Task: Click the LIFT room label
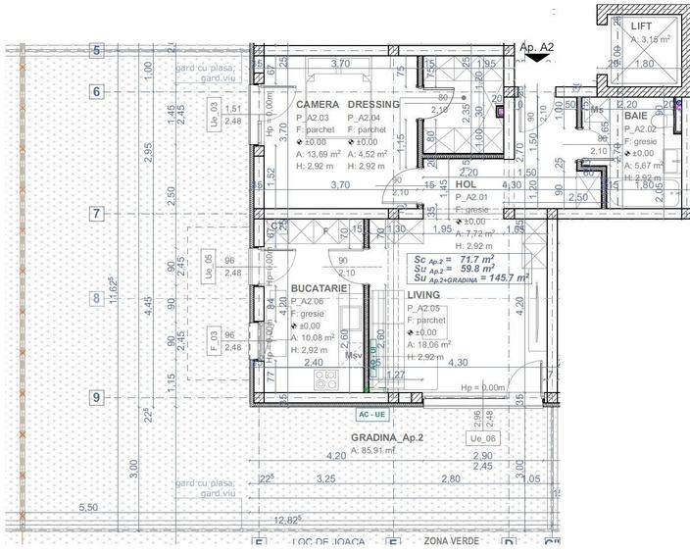point(642,26)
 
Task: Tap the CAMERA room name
point(319,104)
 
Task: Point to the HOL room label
point(466,184)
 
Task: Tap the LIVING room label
point(425,294)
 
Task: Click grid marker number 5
point(96,50)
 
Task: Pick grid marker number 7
point(96,213)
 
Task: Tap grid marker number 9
point(96,397)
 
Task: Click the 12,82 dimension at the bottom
point(286,520)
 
